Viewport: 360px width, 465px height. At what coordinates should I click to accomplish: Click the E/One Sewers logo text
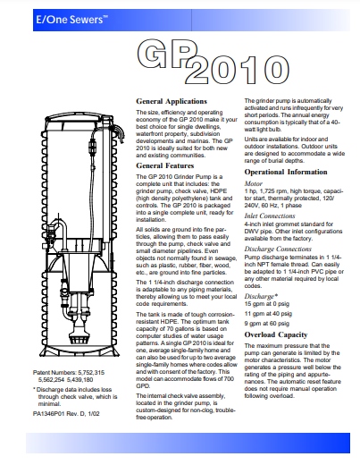[71, 20]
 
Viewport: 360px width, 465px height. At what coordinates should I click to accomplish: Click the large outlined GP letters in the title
[167, 54]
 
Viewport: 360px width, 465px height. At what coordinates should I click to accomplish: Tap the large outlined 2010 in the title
[237, 69]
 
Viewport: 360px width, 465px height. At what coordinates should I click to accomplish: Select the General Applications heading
[172, 101]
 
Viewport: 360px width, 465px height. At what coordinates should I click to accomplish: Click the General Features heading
[165, 165]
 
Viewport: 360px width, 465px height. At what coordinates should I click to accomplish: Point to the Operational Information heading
[286, 172]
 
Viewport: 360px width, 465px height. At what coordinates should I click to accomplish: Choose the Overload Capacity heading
[276, 334]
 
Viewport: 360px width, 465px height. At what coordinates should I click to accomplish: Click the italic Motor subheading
[254, 183]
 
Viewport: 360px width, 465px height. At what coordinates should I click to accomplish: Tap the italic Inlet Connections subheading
[270, 216]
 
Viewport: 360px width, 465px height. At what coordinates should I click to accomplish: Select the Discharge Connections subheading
[278, 249]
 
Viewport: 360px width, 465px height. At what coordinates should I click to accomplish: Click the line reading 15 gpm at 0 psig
[267, 304]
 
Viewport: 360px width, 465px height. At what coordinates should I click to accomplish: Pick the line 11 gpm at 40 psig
[268, 314]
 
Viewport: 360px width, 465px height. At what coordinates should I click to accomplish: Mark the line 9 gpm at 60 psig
[267, 324]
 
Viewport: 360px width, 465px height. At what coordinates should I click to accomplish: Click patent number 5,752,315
[91, 373]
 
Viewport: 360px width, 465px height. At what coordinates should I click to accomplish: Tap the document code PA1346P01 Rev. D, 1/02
[66, 414]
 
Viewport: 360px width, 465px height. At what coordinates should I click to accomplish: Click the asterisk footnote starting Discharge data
[75, 397]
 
